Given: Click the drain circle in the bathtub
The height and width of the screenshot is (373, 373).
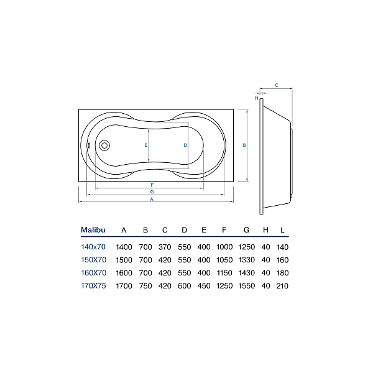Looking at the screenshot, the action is tap(104, 145).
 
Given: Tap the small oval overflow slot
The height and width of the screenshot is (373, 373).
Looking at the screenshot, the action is tap(89, 145).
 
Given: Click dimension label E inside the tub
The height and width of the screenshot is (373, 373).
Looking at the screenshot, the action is tap(146, 145).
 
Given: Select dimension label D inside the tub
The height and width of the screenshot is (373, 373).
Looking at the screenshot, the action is tap(185, 145).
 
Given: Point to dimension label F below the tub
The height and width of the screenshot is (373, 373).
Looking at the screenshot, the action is tap(152, 185).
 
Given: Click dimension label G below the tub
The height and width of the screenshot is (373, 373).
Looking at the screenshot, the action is tap(152, 191).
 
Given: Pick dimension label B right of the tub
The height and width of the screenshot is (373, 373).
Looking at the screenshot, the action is tap(244, 145).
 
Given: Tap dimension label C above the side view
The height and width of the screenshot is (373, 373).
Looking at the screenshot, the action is tap(277, 85).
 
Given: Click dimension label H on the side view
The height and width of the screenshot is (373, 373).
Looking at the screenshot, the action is tap(256, 98).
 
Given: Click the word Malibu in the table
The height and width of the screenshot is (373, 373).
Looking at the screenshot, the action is tap(93, 230).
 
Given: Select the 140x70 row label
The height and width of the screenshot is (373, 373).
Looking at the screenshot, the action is tap(93, 247).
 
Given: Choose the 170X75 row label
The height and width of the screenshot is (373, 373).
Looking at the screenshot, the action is tap(93, 286).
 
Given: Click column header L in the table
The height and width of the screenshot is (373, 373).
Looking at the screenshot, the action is tap(282, 230).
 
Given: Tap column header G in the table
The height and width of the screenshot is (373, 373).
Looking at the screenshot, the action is tap(246, 230).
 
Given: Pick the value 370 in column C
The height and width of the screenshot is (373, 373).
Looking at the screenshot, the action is tap(165, 247).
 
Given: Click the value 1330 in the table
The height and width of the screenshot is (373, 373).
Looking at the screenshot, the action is tap(247, 260).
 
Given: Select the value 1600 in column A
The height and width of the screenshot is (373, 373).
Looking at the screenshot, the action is tap(124, 273).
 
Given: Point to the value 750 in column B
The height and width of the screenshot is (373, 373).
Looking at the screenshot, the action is tap(145, 286).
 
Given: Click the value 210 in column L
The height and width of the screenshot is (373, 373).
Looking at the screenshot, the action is tap(282, 286).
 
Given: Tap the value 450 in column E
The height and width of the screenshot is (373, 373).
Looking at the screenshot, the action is tap(204, 286).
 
